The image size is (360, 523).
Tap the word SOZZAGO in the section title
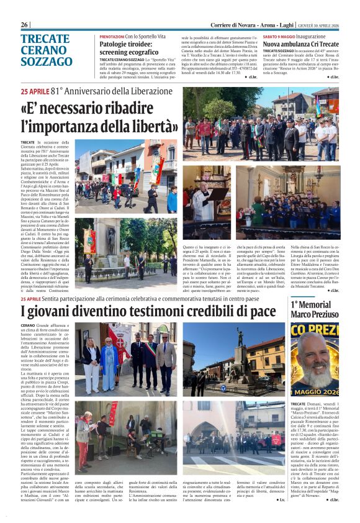[47, 61]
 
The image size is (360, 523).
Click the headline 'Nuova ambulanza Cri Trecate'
[300, 45]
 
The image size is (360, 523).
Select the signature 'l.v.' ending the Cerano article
[282, 499]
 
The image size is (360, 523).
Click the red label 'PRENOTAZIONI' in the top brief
[112, 37]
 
